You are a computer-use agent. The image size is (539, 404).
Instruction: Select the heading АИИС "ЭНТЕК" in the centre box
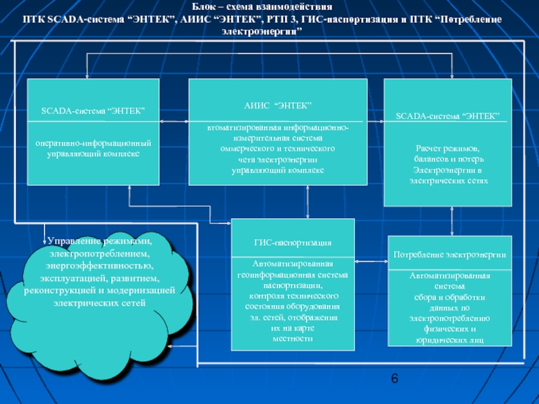[277, 106]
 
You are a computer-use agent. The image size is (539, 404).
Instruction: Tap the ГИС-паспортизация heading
[292, 242]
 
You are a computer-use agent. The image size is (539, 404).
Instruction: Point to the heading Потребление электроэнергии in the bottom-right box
[449, 255]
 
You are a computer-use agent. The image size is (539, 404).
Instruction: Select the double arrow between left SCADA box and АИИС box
[174, 122]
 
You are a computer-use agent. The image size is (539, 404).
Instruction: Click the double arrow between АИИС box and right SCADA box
[376, 122]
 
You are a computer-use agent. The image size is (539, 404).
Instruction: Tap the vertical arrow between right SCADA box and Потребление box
[453, 221]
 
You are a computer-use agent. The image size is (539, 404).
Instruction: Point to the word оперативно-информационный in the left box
[93, 143]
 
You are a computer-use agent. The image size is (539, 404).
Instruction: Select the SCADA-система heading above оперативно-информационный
[93, 110]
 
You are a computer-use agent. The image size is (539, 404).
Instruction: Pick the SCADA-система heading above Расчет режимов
[447, 116]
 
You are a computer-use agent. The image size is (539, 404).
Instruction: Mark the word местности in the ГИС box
[292, 338]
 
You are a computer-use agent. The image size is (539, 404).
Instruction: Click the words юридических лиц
[449, 341]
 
